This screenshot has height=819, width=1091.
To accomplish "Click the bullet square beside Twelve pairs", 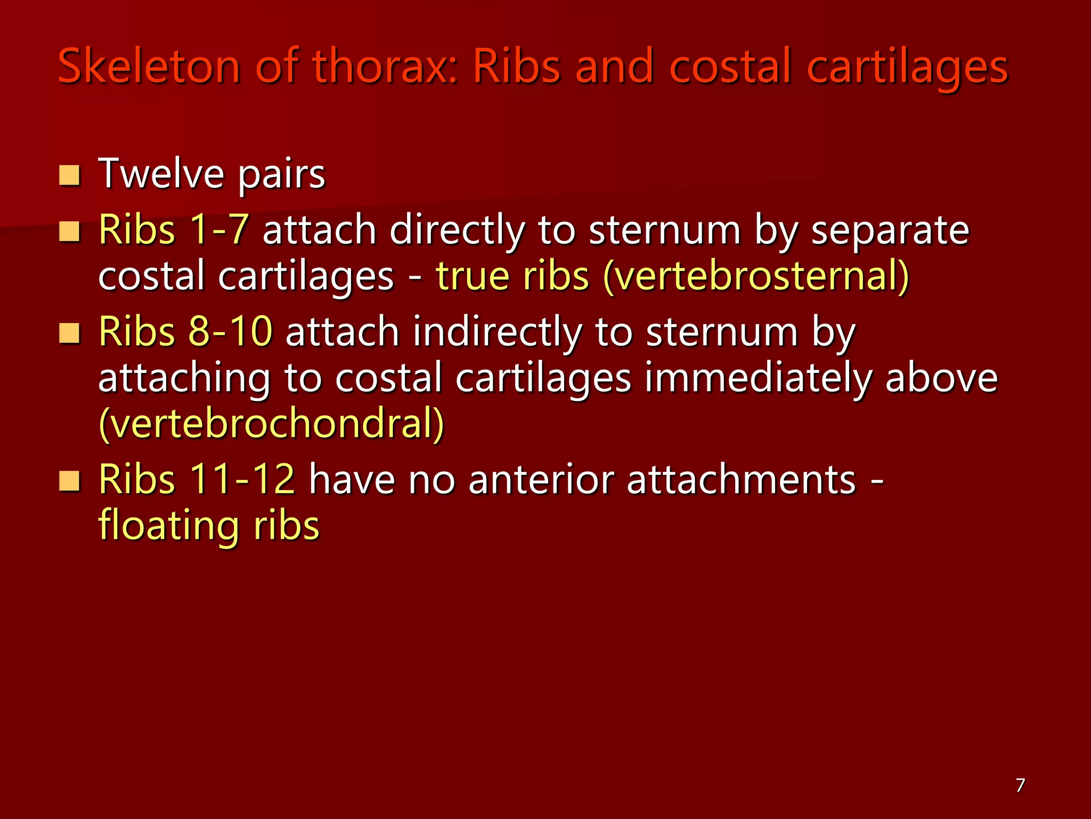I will point(69,175).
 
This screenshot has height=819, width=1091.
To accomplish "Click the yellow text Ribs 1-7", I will point(174,230).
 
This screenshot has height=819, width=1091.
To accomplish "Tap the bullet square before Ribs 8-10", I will point(69,334).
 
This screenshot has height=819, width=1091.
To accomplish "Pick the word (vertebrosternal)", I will point(756,276).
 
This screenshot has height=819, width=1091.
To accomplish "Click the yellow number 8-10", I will point(231,331).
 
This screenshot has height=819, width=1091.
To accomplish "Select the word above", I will point(941,378).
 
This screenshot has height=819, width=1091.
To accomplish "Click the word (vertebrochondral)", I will point(271,424).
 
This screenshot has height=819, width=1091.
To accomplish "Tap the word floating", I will point(169,526).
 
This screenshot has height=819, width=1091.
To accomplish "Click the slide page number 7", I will point(1020,785).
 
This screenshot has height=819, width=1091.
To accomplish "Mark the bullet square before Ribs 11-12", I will point(69,481).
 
